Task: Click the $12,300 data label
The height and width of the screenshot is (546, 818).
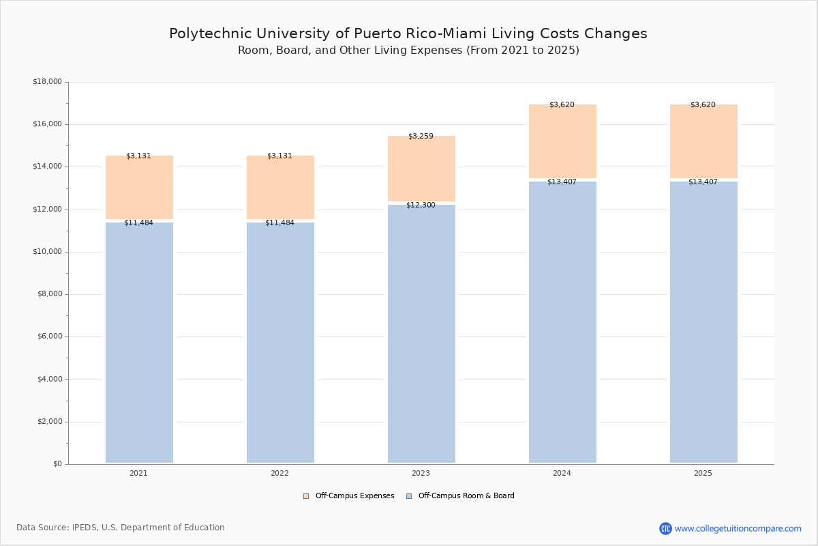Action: (x=421, y=205)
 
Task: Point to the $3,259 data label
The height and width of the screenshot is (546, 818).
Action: (x=421, y=136)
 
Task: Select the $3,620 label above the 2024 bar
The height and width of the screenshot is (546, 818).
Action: (x=562, y=104)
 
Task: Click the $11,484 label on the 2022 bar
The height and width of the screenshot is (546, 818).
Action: (x=279, y=222)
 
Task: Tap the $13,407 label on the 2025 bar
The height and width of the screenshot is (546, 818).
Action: (x=703, y=182)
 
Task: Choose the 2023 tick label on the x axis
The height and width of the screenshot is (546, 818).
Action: (x=421, y=473)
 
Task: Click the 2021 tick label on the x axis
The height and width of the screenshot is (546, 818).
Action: (x=138, y=473)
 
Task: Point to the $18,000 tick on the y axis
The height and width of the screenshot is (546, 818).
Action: (x=47, y=82)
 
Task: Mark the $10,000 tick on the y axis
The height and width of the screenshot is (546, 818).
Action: (x=47, y=252)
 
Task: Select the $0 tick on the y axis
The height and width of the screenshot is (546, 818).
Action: (x=57, y=464)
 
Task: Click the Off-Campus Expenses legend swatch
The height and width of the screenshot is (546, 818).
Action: (x=306, y=496)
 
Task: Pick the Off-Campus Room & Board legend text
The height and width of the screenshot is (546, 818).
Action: (x=466, y=496)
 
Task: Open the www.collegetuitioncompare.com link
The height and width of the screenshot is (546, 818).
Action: (x=738, y=528)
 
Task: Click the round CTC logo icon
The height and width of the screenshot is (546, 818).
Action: (x=665, y=528)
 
